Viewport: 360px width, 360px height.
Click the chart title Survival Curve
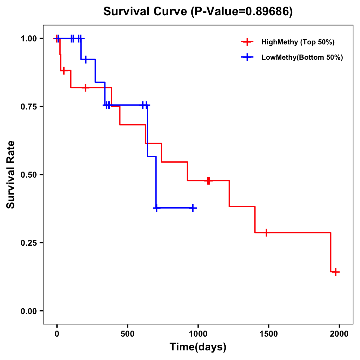click(x=147, y=11)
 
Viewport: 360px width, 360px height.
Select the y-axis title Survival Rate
click(x=11, y=174)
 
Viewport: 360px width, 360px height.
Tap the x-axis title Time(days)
click(x=198, y=347)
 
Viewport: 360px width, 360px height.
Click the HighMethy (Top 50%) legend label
click(x=298, y=42)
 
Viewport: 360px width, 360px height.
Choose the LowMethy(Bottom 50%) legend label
click(x=302, y=58)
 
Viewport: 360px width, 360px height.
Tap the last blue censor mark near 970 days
click(x=193, y=208)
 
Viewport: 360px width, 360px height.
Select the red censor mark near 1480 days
click(x=266, y=232)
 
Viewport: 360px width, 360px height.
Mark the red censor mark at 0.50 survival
click(x=208, y=181)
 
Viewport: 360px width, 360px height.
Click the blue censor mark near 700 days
click(x=156, y=208)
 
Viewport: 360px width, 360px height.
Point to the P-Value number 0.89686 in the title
click(x=268, y=11)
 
